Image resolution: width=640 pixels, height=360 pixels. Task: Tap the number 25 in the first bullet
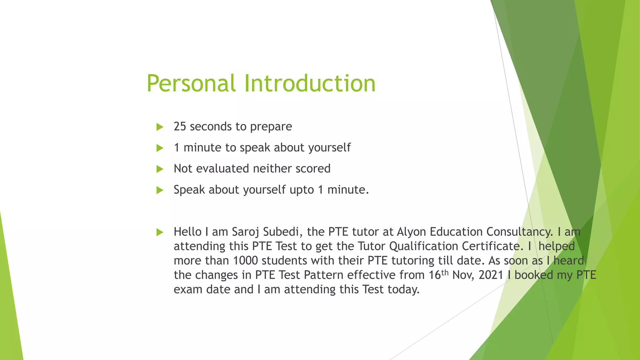click(180, 127)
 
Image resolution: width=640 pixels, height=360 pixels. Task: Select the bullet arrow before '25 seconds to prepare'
click(160, 127)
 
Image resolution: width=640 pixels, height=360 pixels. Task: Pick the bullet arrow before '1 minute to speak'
click(160, 148)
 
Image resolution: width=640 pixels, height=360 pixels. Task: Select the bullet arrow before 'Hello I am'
click(160, 232)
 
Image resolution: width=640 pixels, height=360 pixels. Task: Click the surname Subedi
click(282, 232)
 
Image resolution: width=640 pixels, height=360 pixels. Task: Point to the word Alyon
click(412, 232)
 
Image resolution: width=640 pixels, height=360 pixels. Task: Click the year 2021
click(491, 275)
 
